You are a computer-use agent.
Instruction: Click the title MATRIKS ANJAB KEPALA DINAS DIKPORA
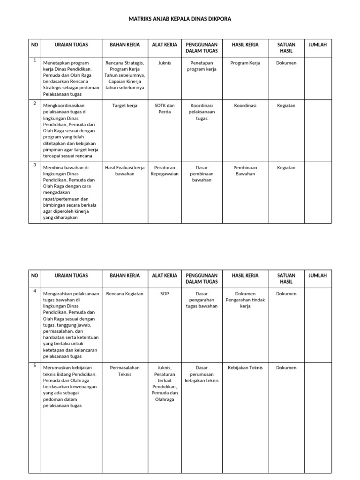pyautogui.click(x=180, y=19)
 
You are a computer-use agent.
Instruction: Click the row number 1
pyautogui.click(x=34, y=60)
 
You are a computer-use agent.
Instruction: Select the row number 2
pyautogui.click(x=34, y=103)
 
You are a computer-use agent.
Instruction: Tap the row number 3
pyautogui.click(x=34, y=165)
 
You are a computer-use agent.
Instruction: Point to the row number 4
pyautogui.click(x=34, y=291)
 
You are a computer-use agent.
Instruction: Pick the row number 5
pyautogui.click(x=34, y=365)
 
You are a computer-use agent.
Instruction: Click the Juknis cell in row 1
pyautogui.click(x=165, y=63)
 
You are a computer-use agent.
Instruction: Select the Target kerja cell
pyautogui.click(x=125, y=106)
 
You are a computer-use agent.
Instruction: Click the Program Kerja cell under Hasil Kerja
pyautogui.click(x=245, y=63)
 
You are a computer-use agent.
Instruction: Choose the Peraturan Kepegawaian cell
pyautogui.click(x=165, y=171)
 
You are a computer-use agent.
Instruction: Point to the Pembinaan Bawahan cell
pyautogui.click(x=245, y=171)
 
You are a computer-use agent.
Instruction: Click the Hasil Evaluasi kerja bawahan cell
pyautogui.click(x=125, y=171)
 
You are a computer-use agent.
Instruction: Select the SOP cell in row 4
pyautogui.click(x=165, y=294)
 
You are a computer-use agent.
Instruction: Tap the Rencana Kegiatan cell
pyautogui.click(x=125, y=294)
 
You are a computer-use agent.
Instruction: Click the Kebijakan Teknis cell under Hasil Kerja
pyautogui.click(x=245, y=368)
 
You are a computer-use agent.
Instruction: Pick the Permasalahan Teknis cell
pyautogui.click(x=125, y=371)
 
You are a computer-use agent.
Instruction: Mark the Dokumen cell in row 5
pyautogui.click(x=286, y=368)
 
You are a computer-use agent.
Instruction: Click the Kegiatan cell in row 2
pyautogui.click(x=286, y=106)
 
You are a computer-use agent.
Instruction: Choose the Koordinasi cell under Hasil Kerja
pyautogui.click(x=245, y=106)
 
